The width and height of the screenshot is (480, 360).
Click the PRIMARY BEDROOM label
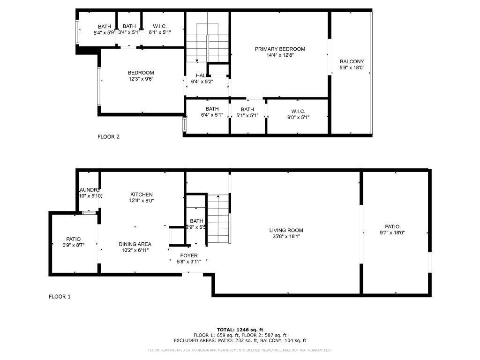[280, 49]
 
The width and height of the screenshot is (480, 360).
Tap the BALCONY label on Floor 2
[352, 61]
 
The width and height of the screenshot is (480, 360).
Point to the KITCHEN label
[141, 194]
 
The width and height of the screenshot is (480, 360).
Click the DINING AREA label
[135, 244]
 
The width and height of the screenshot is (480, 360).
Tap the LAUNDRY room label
[89, 190]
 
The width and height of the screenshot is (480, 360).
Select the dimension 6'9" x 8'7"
[73, 245]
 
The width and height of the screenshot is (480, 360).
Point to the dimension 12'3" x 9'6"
[141, 79]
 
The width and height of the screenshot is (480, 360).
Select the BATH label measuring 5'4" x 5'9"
[104, 26]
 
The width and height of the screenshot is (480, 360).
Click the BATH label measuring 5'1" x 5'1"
[247, 109]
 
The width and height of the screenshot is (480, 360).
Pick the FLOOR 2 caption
[108, 137]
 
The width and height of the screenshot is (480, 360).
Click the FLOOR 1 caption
[60, 296]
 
